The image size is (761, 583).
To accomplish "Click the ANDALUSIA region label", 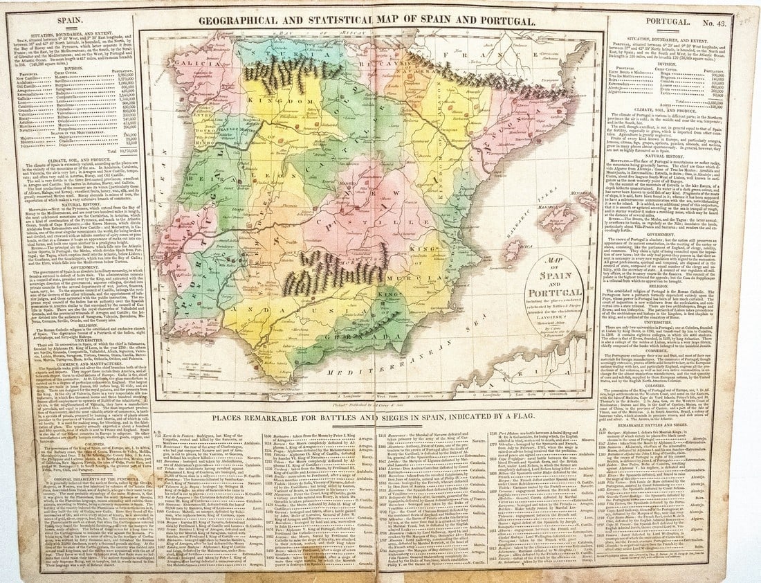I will [x=277, y=325].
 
